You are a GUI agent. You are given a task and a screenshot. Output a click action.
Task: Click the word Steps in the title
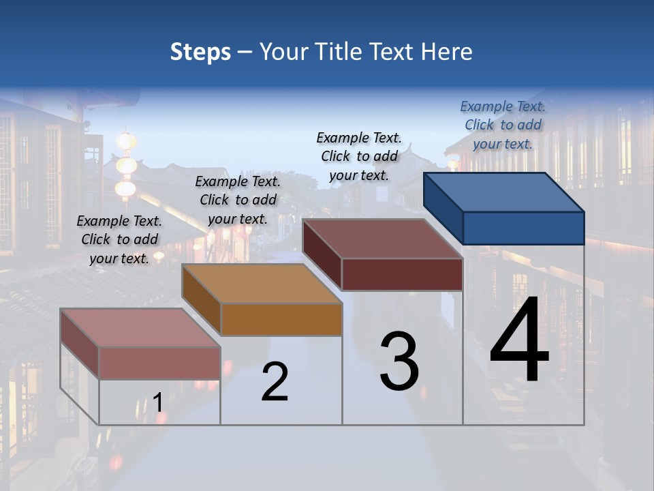point(200,52)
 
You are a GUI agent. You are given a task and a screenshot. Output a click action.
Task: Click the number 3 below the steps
point(399,361)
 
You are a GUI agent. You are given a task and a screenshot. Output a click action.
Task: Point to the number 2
point(275,382)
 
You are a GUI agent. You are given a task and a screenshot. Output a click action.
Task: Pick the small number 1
point(158,402)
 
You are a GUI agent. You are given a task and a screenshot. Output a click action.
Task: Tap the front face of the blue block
point(523,228)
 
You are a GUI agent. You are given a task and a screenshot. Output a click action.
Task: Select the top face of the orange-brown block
point(262,283)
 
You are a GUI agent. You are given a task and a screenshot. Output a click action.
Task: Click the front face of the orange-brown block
point(281,319)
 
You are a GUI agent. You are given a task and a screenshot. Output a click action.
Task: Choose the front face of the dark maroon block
point(402,275)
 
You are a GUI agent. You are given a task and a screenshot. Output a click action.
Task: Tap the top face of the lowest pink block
point(140,327)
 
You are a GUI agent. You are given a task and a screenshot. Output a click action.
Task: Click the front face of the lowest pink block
point(159,363)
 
